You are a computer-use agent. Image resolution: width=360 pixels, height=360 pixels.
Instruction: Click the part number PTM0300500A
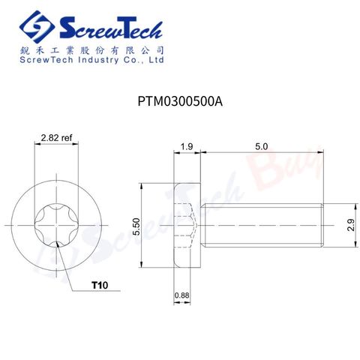pos(180,101)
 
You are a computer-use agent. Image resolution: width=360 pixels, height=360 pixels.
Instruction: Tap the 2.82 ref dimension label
pos(56,137)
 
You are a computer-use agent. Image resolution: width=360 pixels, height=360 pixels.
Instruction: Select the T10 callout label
pos(100,285)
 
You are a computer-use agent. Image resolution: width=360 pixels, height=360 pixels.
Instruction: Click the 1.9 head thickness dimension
pos(187,146)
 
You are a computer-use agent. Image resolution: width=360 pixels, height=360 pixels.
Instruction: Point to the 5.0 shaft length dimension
pos(262,146)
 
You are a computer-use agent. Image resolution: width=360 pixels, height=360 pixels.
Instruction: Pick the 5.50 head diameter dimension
pos(136,226)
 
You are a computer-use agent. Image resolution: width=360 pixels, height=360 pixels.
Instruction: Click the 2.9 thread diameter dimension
pos(351,225)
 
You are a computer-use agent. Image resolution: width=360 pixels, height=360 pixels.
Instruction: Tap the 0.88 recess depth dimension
pos(181,295)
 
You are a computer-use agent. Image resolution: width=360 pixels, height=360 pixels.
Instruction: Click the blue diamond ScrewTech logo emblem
pos(37,27)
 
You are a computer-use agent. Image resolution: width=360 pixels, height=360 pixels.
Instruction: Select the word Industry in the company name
pos(98,60)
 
